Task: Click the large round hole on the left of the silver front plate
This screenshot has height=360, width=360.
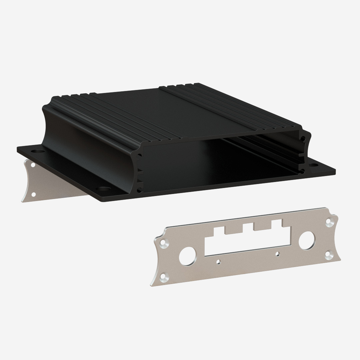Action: pyautogui.click(x=187, y=256)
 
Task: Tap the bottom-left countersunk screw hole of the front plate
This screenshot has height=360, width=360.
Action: pyautogui.click(x=163, y=276)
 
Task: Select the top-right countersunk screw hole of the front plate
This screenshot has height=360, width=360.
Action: pyautogui.click(x=329, y=221)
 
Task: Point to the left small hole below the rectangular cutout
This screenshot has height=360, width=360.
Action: pyautogui.click(x=218, y=262)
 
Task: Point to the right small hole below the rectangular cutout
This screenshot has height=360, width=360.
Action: pyautogui.click(x=277, y=254)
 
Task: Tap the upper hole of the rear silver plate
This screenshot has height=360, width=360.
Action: pyautogui.click(x=33, y=165)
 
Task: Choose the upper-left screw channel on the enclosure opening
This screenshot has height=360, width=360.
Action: pyautogui.click(x=139, y=155)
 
